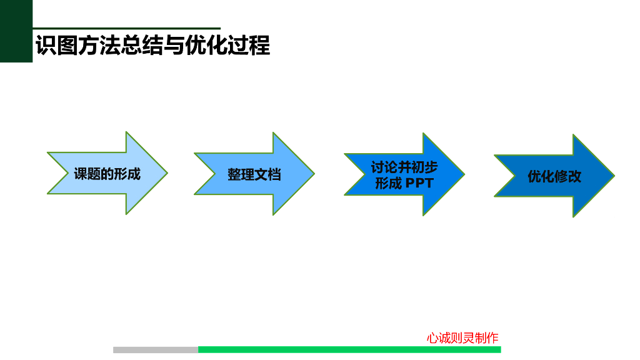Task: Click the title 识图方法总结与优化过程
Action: coord(152,46)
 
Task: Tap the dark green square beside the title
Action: coord(16,31)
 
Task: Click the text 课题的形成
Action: coord(107,174)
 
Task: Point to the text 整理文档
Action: coord(254,175)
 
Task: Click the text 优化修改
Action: coord(554,176)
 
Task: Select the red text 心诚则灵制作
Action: coord(462,338)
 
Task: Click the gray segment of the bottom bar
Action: coord(156,349)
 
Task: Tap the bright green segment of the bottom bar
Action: coord(349,349)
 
